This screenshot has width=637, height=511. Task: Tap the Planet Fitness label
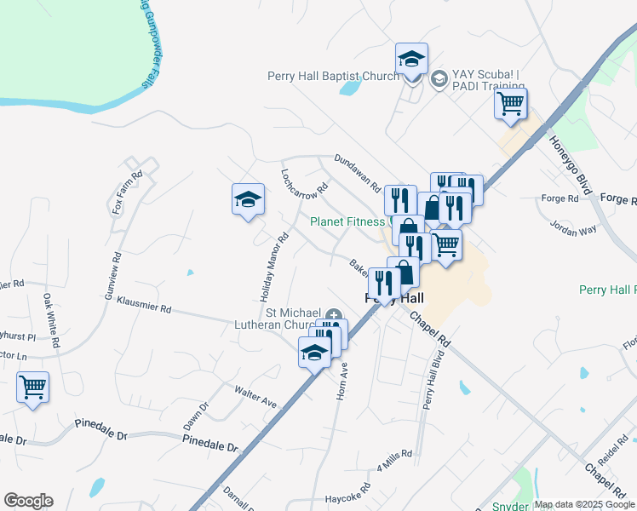coord(347,221)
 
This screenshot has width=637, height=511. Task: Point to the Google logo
coord(28,501)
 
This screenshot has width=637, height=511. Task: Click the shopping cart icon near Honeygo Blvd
coord(511,105)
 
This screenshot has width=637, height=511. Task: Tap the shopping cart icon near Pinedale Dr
coord(33,388)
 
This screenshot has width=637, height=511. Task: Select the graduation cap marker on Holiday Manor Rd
coord(248,200)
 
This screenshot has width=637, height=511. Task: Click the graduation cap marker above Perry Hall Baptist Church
coord(412,60)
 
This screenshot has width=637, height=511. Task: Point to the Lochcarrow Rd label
coord(304,181)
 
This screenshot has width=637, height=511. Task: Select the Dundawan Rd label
coord(357,171)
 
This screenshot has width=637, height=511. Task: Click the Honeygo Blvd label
coord(570,163)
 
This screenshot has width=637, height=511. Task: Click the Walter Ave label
coord(256,395)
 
